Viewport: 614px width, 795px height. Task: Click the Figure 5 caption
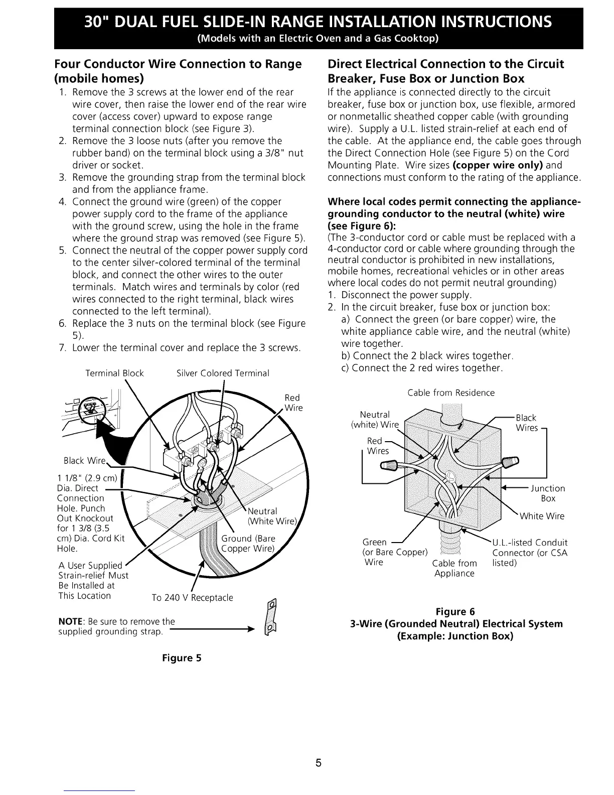pyautogui.click(x=181, y=658)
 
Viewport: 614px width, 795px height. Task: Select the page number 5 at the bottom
pyautogui.click(x=318, y=764)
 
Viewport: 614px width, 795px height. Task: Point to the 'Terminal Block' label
pyautogui.click(x=114, y=373)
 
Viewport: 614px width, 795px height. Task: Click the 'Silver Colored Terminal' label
pyautogui.click(x=223, y=373)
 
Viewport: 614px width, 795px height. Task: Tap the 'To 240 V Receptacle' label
pyautogui.click(x=193, y=598)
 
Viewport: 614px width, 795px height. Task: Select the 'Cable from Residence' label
pyautogui.click(x=451, y=393)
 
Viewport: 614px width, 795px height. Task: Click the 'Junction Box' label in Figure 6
pyautogui.click(x=548, y=493)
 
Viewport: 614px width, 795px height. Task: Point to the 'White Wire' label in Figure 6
pyautogui.click(x=542, y=516)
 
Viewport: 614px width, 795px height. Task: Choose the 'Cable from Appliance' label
pyautogui.click(x=454, y=568)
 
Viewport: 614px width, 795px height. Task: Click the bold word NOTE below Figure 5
pyautogui.click(x=69, y=621)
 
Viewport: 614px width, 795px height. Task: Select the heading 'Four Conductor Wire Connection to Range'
pyautogui.click(x=178, y=64)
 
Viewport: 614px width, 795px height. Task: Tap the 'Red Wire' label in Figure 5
pyautogui.click(x=293, y=403)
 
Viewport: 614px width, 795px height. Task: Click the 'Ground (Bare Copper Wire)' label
pyautogui.click(x=248, y=544)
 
